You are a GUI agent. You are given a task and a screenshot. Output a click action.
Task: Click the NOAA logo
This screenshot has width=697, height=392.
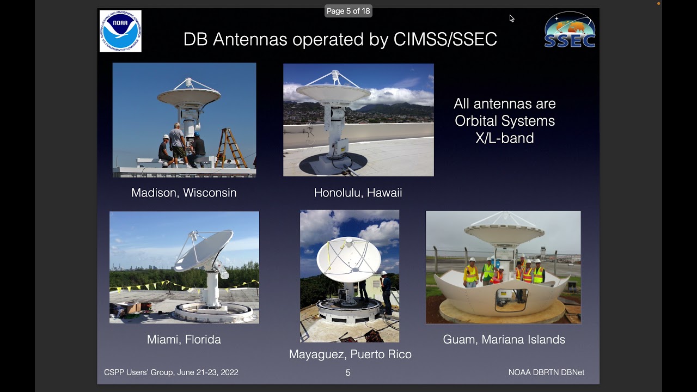[120, 31]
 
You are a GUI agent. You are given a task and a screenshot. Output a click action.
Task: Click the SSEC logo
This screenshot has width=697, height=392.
[570, 30]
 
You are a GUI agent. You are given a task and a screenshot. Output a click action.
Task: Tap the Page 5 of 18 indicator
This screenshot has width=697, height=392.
[348, 11]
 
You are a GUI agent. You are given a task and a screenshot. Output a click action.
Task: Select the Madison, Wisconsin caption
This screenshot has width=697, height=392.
[184, 193]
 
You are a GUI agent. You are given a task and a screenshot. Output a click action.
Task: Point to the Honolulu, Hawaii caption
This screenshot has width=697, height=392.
[358, 193]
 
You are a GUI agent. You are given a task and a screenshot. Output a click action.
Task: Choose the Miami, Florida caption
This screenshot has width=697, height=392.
[184, 339]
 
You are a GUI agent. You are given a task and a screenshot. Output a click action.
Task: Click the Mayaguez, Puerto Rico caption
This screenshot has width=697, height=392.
[350, 354]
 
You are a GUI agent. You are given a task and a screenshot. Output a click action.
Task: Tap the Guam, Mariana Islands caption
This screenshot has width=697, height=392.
[504, 339]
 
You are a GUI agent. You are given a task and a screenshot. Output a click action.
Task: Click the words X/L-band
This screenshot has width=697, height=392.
[505, 138]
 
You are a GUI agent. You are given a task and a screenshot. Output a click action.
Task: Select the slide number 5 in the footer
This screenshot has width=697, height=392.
[348, 373]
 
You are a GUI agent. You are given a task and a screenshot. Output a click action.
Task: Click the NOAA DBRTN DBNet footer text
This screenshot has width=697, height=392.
[546, 372]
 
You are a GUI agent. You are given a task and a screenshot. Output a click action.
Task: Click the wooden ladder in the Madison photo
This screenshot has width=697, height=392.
[230, 148]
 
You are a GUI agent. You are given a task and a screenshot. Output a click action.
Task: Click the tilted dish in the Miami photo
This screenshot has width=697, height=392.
[204, 250]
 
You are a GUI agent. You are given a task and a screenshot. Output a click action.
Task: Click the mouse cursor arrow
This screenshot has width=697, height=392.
[511, 19]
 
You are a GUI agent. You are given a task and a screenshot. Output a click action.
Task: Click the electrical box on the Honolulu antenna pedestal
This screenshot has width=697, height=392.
[341, 146]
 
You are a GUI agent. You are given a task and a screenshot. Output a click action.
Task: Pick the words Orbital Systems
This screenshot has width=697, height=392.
[505, 121]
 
